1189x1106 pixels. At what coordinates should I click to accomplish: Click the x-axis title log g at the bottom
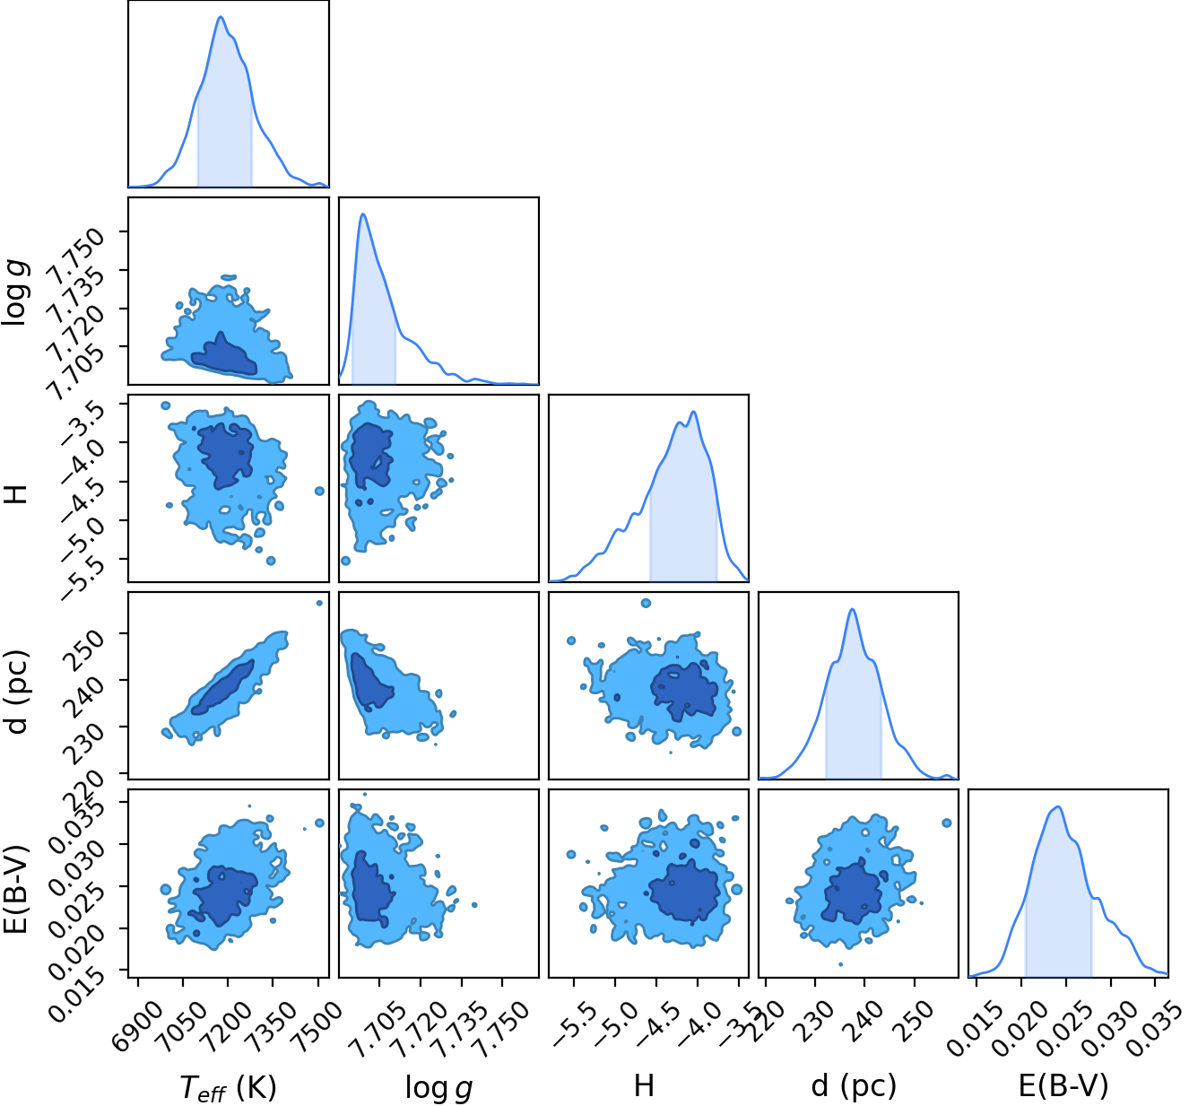(x=438, y=1087)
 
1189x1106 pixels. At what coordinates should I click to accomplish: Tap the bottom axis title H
(x=644, y=1085)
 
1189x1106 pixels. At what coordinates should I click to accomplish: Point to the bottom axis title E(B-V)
(x=1063, y=1085)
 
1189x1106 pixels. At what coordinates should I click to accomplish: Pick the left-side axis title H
(x=16, y=494)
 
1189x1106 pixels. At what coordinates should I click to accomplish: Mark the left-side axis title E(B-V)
(x=16, y=890)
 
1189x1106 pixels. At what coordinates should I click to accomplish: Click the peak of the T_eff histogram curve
(x=221, y=17)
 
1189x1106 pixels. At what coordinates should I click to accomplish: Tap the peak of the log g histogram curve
(x=363, y=213)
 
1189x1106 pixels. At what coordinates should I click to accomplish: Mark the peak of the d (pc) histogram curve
(x=852, y=609)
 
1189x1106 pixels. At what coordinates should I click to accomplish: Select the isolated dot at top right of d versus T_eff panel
(x=319, y=603)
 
